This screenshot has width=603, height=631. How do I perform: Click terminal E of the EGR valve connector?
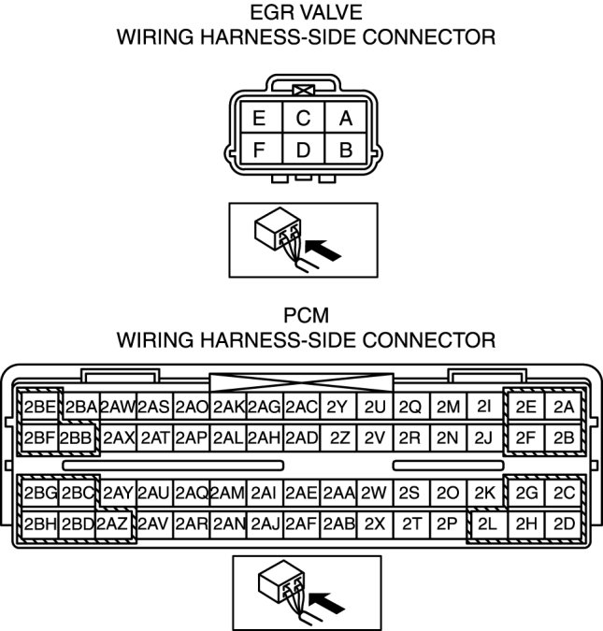258,119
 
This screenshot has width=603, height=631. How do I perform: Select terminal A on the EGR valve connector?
345,119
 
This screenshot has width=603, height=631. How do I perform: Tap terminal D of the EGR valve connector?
302,150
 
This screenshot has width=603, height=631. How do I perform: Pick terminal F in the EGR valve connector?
258,150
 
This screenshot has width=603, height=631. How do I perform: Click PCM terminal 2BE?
40,407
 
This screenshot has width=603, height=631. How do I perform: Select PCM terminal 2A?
563,407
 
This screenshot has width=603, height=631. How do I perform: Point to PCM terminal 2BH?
40,524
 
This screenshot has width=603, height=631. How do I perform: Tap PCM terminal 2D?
563,524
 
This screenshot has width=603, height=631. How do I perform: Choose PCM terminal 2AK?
228,407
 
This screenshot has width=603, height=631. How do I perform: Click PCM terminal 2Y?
337,407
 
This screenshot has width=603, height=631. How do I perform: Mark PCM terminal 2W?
374,493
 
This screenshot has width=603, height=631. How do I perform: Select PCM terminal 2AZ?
113,524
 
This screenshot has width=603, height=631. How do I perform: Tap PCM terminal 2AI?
265,493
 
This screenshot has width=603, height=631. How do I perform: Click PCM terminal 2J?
483,437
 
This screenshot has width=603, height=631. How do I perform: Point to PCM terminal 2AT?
154,437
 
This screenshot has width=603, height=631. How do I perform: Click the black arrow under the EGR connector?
323,249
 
